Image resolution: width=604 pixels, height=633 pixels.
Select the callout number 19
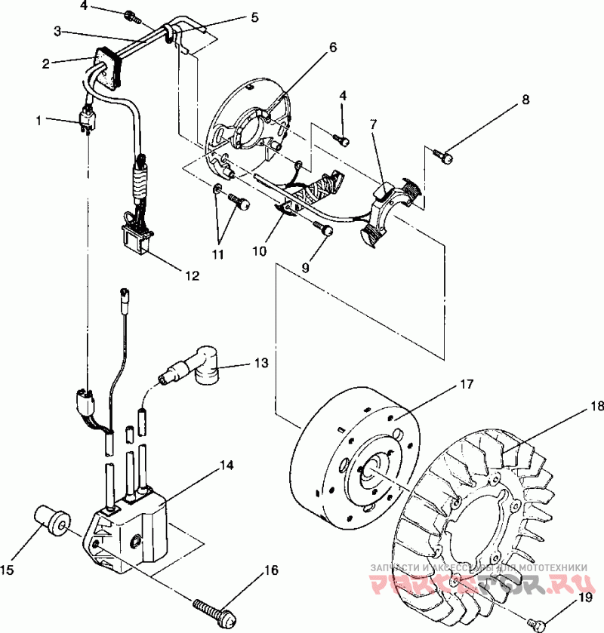coord(585,598)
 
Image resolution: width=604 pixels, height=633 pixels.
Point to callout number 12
coord(190,276)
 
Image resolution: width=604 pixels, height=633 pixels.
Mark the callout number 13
coord(260,364)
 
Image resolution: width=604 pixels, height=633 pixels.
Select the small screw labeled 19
coord(539,622)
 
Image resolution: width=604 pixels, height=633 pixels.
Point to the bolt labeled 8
coord(445,157)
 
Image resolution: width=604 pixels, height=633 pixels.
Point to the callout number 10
coord(259,250)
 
